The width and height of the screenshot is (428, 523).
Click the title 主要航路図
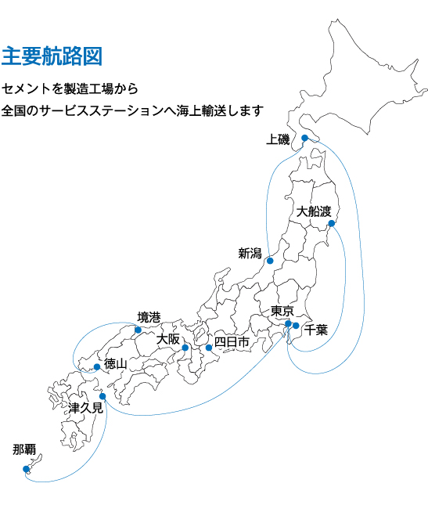tap(52, 56)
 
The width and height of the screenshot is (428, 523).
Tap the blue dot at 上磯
tap(304, 139)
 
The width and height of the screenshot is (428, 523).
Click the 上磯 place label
tap(278, 139)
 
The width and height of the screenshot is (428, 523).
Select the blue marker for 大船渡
tap(332, 224)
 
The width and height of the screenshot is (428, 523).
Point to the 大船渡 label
tap(315, 211)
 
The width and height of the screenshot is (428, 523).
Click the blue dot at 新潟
tap(270, 261)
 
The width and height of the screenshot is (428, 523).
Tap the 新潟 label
tap(250, 253)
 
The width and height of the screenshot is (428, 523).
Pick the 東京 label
tap(282, 311)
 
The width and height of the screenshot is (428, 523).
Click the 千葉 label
tap(316, 330)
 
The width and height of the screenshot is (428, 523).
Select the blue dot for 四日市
tap(209, 348)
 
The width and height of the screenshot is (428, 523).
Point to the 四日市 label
tap(232, 342)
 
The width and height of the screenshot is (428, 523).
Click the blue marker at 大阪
tap(185, 348)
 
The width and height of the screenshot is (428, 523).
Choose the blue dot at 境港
tap(138, 330)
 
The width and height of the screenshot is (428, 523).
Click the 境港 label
tap(149, 316)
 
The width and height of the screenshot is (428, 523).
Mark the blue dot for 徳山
tap(96, 366)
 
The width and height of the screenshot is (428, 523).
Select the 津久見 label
tap(85, 407)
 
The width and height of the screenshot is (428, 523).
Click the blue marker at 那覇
tap(26, 469)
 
